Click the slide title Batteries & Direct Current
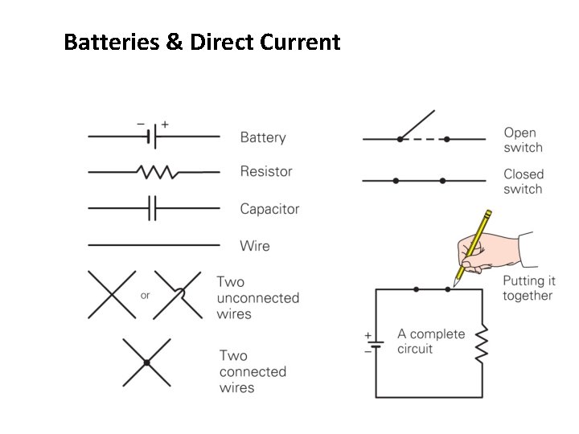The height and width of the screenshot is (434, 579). pyautogui.click(x=202, y=42)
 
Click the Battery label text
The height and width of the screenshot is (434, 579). pyautogui.click(x=263, y=137)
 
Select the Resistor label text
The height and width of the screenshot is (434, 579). pyautogui.click(x=266, y=171)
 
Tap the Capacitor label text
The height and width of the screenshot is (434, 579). pyautogui.click(x=269, y=209)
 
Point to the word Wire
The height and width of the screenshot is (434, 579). pyautogui.click(x=255, y=246)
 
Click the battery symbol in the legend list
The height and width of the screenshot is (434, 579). pyautogui.click(x=151, y=137)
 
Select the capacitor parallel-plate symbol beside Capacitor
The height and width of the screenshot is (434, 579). pyautogui.click(x=152, y=209)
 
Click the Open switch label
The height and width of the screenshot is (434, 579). pyautogui.click(x=523, y=140)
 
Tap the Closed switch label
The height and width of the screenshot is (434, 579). pyautogui.click(x=524, y=182)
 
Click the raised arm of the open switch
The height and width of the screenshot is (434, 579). pyautogui.click(x=417, y=125)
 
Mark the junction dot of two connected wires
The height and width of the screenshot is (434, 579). pyautogui.click(x=146, y=363)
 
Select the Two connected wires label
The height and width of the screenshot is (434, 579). pyautogui.click(x=253, y=371)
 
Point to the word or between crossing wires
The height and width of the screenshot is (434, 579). pyautogui.click(x=145, y=296)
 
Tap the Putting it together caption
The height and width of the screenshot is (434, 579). pyautogui.click(x=528, y=289)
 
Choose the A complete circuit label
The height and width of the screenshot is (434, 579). pyautogui.click(x=431, y=341)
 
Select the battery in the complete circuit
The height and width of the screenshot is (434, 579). pyautogui.click(x=376, y=343)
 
